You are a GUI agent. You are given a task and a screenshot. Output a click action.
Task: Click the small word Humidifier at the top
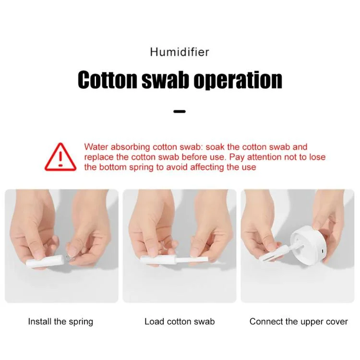coord(180,52)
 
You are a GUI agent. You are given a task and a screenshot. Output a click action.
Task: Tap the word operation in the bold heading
coord(238,80)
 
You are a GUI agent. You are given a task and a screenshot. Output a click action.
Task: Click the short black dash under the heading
coord(180,111)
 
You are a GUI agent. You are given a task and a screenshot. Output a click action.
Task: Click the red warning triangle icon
coord(60,157)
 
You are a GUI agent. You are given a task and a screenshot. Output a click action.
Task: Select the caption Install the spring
coord(60,322)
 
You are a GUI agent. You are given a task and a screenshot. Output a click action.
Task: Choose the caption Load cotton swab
coord(180,322)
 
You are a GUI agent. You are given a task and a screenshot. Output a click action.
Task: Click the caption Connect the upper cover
coord(299,322)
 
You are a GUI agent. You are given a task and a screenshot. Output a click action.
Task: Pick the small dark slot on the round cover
coord(322,252)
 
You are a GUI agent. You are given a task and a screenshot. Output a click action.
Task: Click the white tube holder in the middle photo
coord(159,260)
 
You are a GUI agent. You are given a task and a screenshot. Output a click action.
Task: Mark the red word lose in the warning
coord(318,157)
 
